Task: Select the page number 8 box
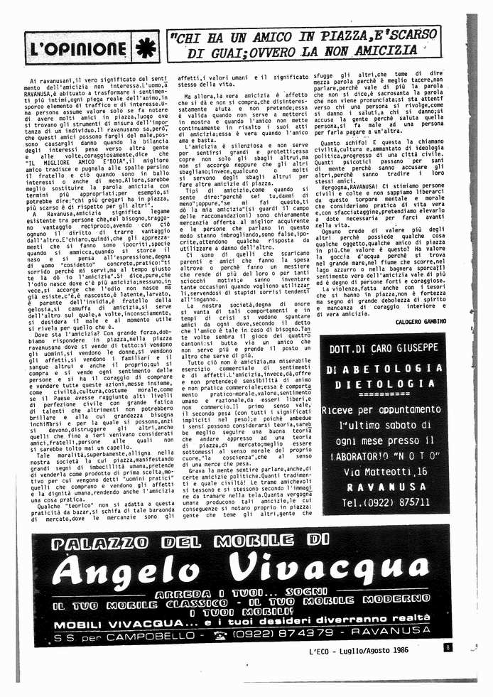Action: click(448, 647)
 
